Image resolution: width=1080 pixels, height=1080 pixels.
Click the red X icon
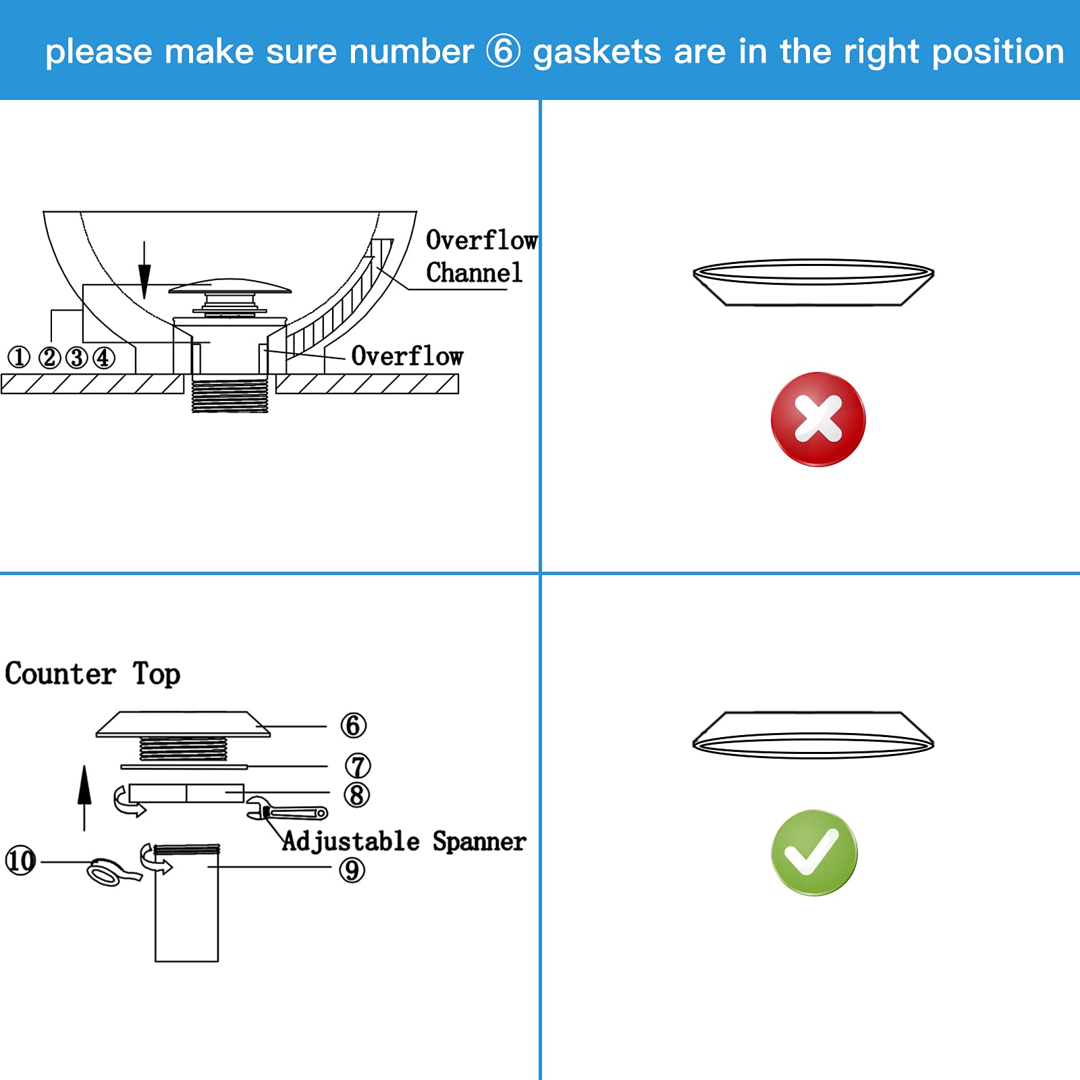pos(817,418)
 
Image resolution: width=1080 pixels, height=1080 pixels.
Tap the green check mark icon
pos(814,853)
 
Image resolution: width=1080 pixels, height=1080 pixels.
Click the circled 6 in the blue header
pos(503,51)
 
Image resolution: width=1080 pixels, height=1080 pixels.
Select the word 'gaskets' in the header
pos(597,53)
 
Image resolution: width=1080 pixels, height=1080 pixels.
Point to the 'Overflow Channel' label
pos(480,256)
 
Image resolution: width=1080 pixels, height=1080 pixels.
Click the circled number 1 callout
pos(19,357)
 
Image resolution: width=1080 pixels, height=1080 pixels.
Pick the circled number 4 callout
pos(103,357)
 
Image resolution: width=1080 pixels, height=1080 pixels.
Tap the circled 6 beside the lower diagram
pos(353,726)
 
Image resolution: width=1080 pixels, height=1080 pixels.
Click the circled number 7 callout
pos(358,766)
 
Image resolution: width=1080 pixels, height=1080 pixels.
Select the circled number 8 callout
pos(356,795)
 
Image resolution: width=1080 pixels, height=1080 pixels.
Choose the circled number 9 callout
pos(352,870)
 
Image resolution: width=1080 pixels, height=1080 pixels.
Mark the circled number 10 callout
pos(20,861)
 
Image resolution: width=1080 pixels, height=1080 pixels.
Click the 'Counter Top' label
pos(92,674)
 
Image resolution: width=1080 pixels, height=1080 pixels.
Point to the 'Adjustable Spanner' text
pos(404,842)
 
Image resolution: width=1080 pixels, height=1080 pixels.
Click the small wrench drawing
pos(287,809)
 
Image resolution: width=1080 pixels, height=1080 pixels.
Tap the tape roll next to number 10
pos(108,873)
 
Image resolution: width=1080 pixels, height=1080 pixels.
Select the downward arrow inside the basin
pos(144,270)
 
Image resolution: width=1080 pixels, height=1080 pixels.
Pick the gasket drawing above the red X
pos(813,283)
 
